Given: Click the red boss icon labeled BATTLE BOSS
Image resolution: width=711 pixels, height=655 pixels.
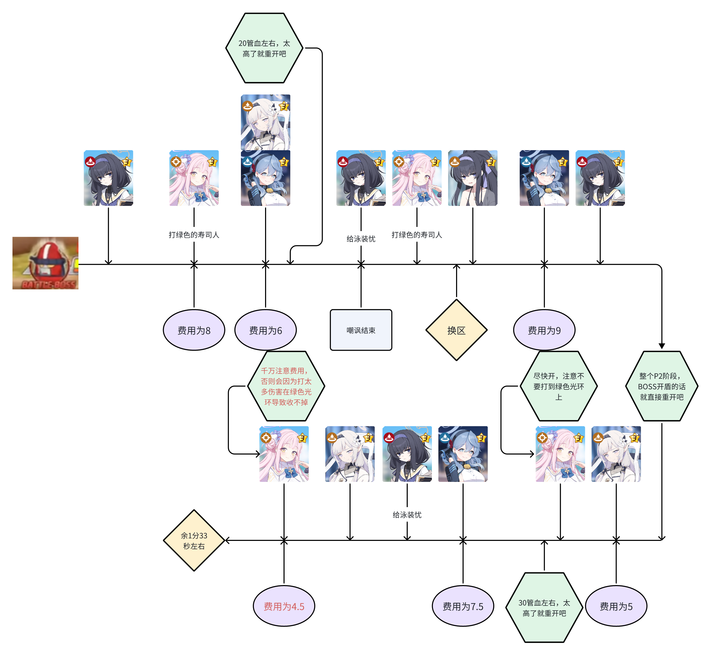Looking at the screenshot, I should pyautogui.click(x=45, y=263).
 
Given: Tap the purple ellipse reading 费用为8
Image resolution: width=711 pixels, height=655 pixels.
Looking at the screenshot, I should pyautogui.click(x=194, y=330).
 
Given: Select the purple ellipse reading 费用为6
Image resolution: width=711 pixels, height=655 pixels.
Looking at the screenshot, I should pyautogui.click(x=266, y=330).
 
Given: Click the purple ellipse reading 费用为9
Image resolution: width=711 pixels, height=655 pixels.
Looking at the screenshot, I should pyautogui.click(x=544, y=330).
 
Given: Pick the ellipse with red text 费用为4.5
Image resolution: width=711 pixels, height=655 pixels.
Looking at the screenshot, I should pyautogui.click(x=284, y=606).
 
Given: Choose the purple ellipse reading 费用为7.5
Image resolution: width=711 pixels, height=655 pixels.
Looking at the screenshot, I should pyautogui.click(x=463, y=606).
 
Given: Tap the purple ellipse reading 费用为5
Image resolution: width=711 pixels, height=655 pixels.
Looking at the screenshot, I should pyautogui.click(x=616, y=606).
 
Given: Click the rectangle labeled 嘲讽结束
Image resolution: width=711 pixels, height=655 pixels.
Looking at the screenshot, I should pyautogui.click(x=361, y=330).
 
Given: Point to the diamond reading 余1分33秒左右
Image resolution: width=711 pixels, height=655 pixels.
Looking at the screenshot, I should pyautogui.click(x=194, y=541).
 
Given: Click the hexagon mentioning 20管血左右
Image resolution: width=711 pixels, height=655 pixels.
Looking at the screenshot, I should pyautogui.click(x=264, y=48).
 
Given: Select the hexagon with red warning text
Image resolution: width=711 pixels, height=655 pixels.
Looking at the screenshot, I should pyautogui.click(x=286, y=386).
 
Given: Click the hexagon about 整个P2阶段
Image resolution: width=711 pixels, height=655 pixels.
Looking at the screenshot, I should pyautogui.click(x=661, y=386).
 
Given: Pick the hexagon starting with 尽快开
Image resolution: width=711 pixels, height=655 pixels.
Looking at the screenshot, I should pyautogui.click(x=559, y=386).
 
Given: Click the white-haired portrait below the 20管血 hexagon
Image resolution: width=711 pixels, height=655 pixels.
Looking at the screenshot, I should pyautogui.click(x=266, y=122).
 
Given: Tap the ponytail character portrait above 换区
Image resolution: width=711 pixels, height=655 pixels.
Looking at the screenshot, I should pyautogui.click(x=472, y=178).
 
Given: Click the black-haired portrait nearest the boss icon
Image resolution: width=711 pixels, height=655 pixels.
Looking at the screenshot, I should pyautogui.click(x=108, y=178).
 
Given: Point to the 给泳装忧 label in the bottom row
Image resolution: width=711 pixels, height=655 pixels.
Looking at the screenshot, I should pyautogui.click(x=407, y=515).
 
